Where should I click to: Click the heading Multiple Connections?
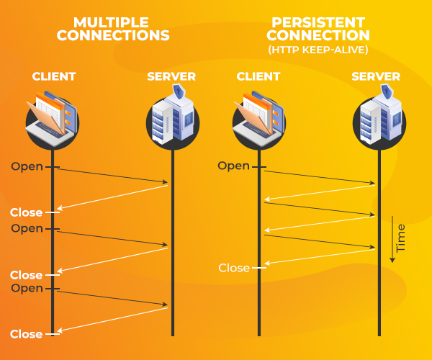(x=112, y=28)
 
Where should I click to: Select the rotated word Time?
(x=401, y=237)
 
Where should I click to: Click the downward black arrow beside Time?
(x=391, y=238)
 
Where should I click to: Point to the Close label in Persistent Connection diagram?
(x=234, y=268)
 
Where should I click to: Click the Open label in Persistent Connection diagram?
(x=233, y=166)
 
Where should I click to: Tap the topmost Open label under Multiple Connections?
(x=27, y=166)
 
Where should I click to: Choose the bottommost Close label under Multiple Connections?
(x=26, y=334)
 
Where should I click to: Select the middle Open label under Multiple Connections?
(x=27, y=228)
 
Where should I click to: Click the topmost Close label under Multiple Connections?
(x=26, y=212)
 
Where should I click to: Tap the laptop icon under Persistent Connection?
(x=257, y=116)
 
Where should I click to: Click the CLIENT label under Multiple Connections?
(x=53, y=76)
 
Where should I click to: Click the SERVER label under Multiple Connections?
(x=171, y=76)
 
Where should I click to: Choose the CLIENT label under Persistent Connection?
(x=259, y=76)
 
